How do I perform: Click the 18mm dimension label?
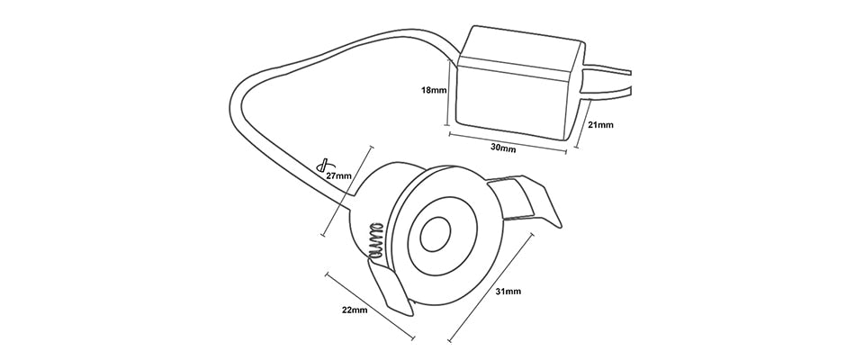pos(434,90)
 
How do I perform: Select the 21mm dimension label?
pos(599,125)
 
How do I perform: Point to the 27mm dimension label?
pos(338,175)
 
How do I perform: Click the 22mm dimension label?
pos(355,310)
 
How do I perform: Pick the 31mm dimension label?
pos(508,292)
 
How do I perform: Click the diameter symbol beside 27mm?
pos(321,166)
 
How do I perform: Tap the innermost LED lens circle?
pos(436,236)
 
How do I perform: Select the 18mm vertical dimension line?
pos(449,90)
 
